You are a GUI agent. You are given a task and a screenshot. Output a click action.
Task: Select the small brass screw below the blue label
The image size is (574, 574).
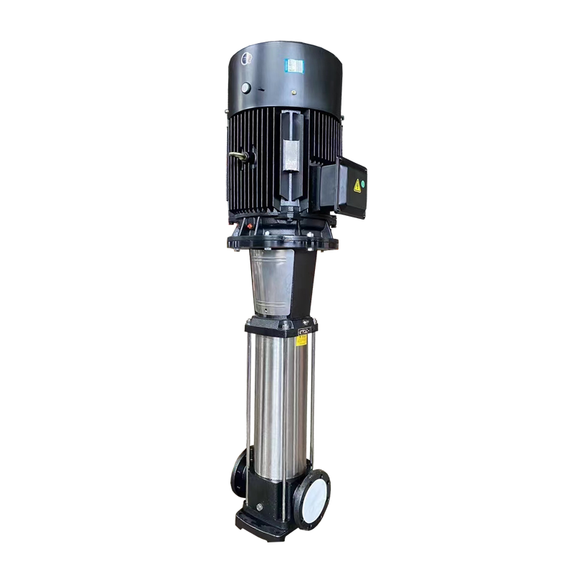coord(294,94)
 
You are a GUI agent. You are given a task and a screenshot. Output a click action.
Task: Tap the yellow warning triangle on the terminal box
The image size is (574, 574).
coord(356,185)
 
